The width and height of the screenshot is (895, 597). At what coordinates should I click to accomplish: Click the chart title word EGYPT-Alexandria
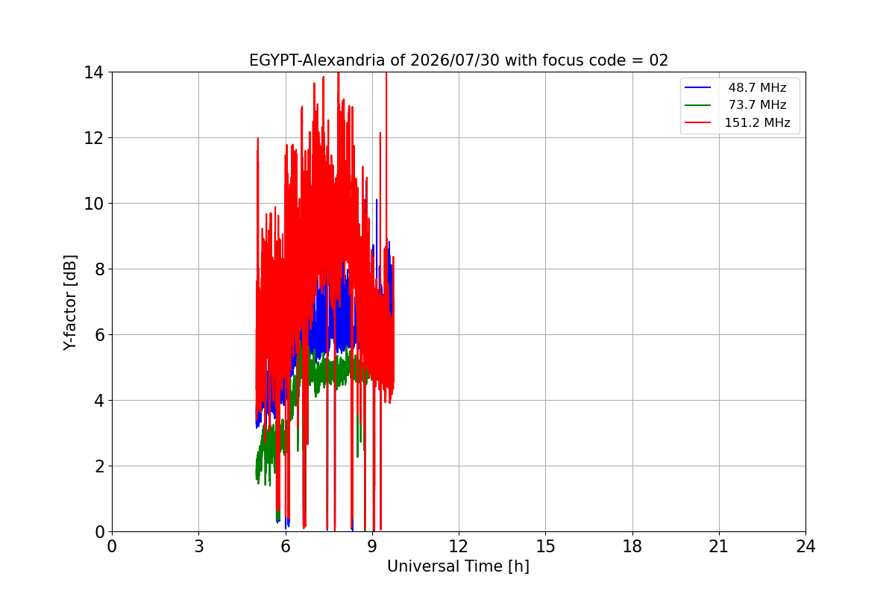click(x=315, y=60)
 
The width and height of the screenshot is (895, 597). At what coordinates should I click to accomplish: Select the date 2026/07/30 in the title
click(x=455, y=60)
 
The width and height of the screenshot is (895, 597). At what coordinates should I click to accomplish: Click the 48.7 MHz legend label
click(x=757, y=87)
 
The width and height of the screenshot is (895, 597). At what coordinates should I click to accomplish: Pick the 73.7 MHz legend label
click(x=757, y=104)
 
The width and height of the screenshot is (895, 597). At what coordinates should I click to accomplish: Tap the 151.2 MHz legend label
click(x=757, y=122)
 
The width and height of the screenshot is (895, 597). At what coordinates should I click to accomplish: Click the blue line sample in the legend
click(x=697, y=87)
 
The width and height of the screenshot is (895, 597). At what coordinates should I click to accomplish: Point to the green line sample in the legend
click(x=697, y=105)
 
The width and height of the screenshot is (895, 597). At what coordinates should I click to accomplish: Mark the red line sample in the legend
click(x=697, y=122)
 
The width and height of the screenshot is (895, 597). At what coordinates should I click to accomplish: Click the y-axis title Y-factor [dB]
click(x=70, y=303)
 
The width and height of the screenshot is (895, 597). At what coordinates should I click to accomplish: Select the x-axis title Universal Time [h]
click(x=458, y=566)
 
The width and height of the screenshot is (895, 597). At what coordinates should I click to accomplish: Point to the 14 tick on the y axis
click(x=93, y=73)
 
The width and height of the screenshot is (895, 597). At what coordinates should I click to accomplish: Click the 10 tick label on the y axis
click(x=93, y=204)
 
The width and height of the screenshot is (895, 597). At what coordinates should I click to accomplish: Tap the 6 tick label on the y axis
click(x=99, y=335)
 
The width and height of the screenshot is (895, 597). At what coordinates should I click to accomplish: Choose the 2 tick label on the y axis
click(x=99, y=466)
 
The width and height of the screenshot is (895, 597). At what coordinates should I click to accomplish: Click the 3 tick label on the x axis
click(x=199, y=546)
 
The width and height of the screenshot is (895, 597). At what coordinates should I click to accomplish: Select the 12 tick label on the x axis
click(x=459, y=546)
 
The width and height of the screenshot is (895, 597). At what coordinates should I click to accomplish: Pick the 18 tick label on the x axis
click(x=632, y=546)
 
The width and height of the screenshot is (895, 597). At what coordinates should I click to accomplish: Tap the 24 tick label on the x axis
click(x=805, y=546)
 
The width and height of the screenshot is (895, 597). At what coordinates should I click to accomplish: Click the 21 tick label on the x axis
click(x=719, y=546)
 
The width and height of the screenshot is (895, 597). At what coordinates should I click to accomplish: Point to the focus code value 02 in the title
click(x=659, y=60)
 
